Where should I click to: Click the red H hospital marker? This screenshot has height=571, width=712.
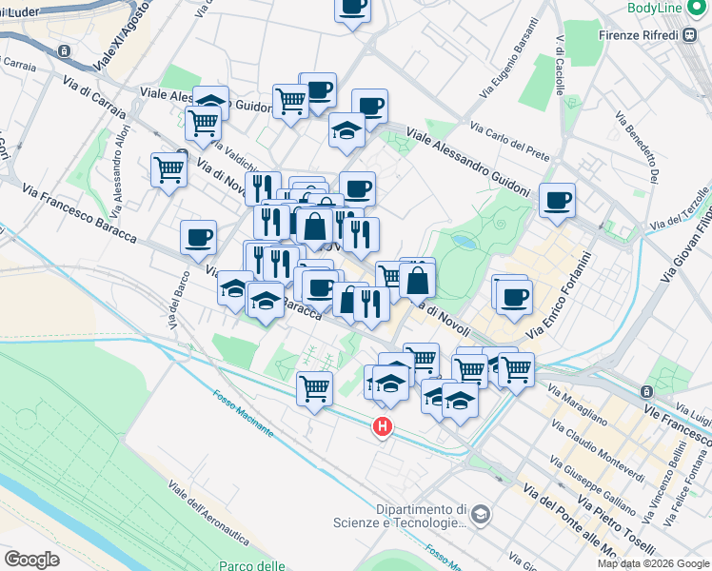383,427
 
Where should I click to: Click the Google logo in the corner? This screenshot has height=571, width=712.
31,559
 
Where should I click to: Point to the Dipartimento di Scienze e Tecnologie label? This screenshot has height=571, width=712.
422,515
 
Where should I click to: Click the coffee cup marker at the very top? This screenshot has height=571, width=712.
352,8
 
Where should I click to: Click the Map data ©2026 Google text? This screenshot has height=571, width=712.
653,563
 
